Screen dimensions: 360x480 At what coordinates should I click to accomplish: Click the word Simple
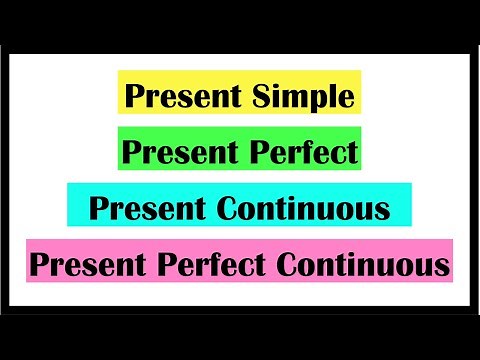[308, 97]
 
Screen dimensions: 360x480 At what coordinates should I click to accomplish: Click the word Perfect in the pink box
[215, 266]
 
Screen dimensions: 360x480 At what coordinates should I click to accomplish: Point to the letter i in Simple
[284, 97]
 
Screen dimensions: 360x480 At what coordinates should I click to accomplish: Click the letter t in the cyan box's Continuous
[283, 210]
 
